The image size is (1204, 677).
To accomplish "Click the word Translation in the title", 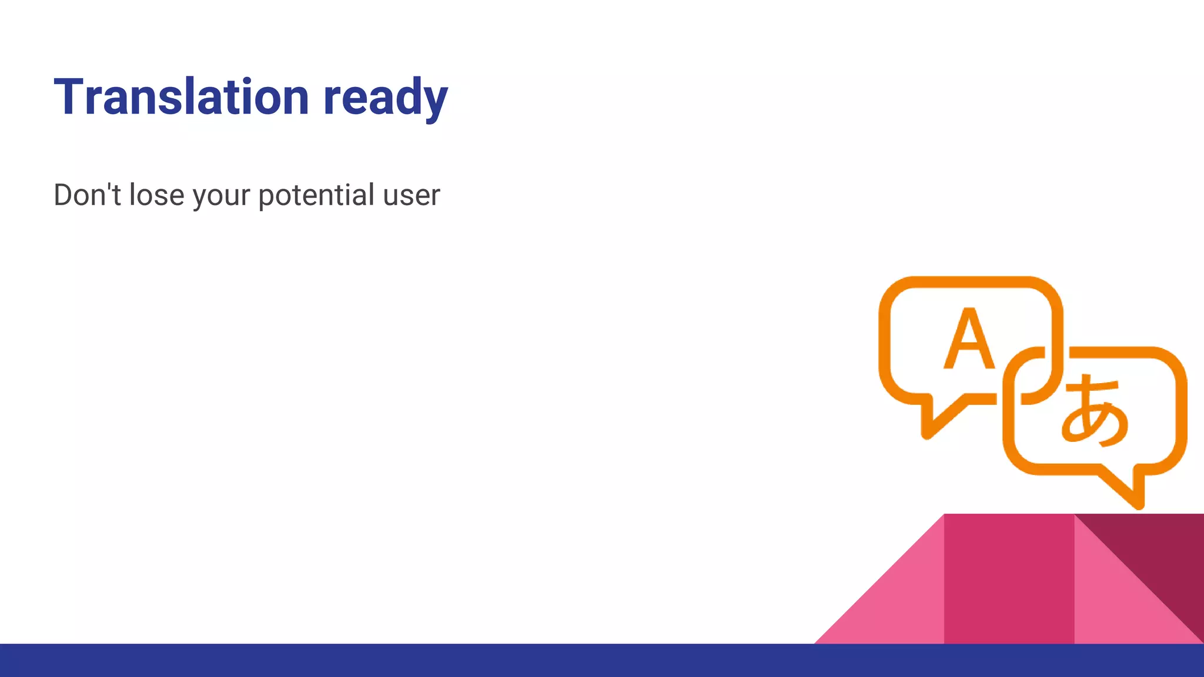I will point(181,97).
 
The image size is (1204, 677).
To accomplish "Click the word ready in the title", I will point(386,99).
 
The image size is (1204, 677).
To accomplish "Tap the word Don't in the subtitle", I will point(87,195).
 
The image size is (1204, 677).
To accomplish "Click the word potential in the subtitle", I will point(316,195).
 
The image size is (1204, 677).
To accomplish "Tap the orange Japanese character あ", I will point(1095,411).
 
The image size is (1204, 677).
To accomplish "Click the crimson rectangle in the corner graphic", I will point(1009,579).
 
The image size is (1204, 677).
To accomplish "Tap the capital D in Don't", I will point(64,195).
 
